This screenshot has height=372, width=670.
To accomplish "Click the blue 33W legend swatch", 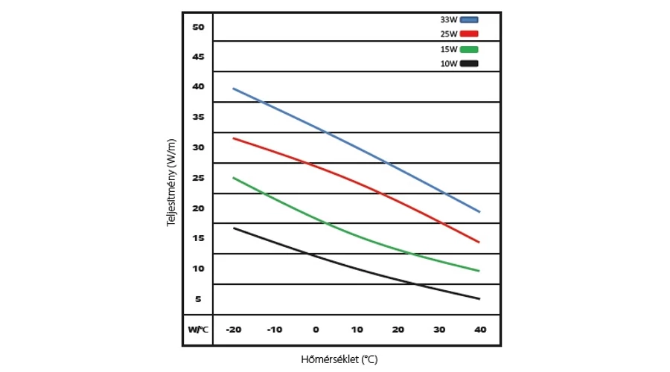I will pyautogui.click(x=469, y=19).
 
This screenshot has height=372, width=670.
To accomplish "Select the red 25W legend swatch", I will pyautogui.click(x=469, y=34).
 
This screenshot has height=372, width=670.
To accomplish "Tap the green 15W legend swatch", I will pyautogui.click(x=469, y=49).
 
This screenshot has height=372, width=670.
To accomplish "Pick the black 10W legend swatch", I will pyautogui.click(x=469, y=64).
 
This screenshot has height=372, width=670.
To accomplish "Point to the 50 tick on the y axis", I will pyautogui.click(x=198, y=27).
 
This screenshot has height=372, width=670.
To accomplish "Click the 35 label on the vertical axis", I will pyautogui.click(x=198, y=117).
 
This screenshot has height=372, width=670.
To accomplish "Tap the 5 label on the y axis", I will pyautogui.click(x=198, y=299).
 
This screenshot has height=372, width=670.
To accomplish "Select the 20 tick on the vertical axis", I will pyautogui.click(x=198, y=208).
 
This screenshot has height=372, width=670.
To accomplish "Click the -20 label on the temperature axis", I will pyautogui.click(x=234, y=330).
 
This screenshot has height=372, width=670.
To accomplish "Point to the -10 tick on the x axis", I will pyautogui.click(x=275, y=330).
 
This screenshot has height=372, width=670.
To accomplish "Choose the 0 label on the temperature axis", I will pyautogui.click(x=316, y=330).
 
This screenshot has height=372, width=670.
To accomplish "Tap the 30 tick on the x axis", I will pyautogui.click(x=438, y=330).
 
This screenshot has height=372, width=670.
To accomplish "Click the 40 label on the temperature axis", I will pyautogui.click(x=479, y=330).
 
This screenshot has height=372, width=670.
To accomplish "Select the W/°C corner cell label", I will pyautogui.click(x=198, y=330).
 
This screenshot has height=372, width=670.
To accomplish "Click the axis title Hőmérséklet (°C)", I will pyautogui.click(x=339, y=359).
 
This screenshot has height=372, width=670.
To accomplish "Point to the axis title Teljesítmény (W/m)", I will pyautogui.click(x=171, y=182).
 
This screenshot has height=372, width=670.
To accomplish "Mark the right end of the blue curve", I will pyautogui.click(x=479, y=212).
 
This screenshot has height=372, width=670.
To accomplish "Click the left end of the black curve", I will pyautogui.click(x=234, y=228).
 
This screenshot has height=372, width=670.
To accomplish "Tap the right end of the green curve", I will pyautogui.click(x=479, y=271).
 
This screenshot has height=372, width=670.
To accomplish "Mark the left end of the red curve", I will pyautogui.click(x=234, y=138).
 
